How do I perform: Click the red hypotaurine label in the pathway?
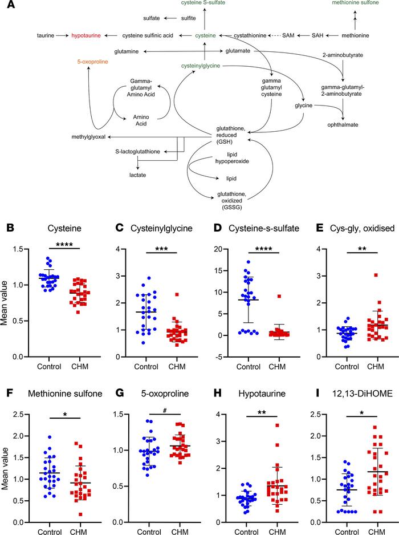pos(86,35)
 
